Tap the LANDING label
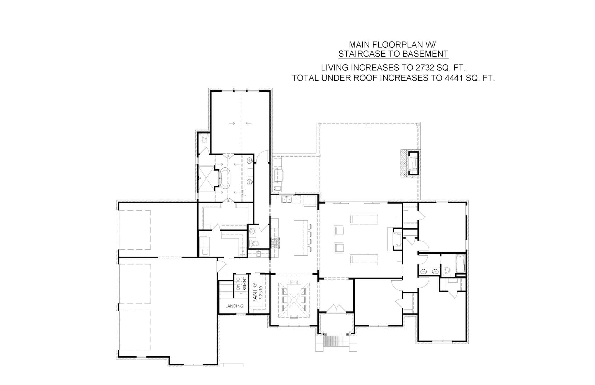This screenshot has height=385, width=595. (x=234, y=306)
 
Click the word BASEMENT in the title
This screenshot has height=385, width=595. (x=425, y=54)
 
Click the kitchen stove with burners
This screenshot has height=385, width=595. (x=275, y=243)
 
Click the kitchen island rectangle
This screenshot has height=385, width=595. (x=301, y=238)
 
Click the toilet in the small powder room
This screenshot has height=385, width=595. (x=255, y=243)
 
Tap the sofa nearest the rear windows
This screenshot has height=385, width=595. (x=364, y=219)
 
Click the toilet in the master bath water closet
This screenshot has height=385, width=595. (x=204, y=139)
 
